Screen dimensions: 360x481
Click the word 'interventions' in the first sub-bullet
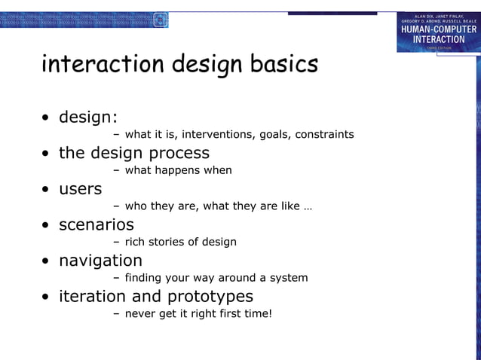click(x=217, y=135)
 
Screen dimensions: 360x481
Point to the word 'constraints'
click(x=324, y=135)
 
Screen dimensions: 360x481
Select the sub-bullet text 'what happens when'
click(x=178, y=170)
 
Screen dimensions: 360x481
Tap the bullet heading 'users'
click(x=80, y=189)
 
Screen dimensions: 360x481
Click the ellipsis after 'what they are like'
click(x=308, y=206)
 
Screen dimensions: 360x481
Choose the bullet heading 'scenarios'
click(x=97, y=225)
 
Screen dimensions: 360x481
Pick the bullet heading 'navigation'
click(x=100, y=261)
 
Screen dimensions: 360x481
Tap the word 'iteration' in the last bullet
click(x=91, y=297)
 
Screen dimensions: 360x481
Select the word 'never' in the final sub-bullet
click(x=140, y=313)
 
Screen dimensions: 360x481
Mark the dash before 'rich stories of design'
click(x=116, y=242)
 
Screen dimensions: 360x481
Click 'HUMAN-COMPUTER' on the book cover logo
click(x=438, y=29)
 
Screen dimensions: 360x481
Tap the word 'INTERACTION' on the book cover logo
click(x=438, y=39)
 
